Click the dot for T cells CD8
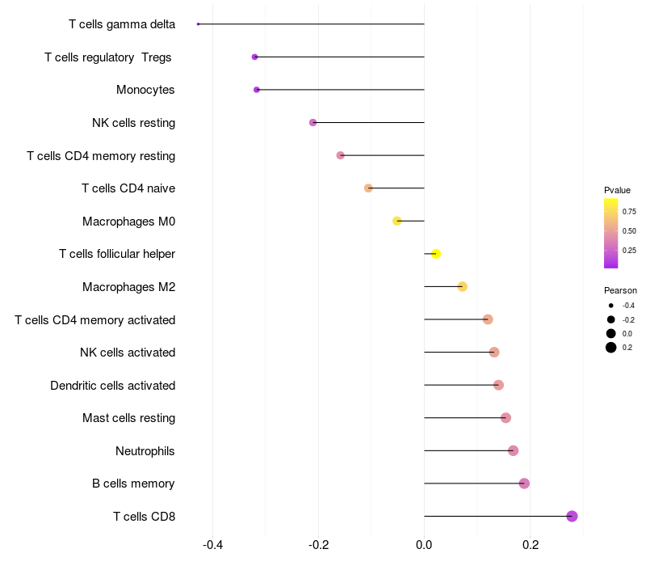tap(572, 516)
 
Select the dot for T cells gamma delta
tap(198, 24)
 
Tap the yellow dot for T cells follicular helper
tap(436, 254)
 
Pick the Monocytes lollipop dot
tap(257, 90)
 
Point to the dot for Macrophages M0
tap(396, 221)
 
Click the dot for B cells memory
tap(524, 484)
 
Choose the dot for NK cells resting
tap(313, 123)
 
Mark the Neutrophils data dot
tap(513, 450)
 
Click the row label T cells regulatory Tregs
tap(109, 57)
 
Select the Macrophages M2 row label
tap(128, 287)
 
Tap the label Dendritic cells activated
tap(112, 386)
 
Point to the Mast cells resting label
tap(128, 418)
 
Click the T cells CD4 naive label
tap(128, 188)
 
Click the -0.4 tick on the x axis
tap(212, 545)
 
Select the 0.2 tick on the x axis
tap(530, 545)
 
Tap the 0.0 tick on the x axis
tap(424, 545)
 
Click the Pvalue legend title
tap(617, 190)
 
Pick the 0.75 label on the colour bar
tap(629, 212)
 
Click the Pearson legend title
tap(620, 290)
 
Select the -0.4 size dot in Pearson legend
tap(611, 306)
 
